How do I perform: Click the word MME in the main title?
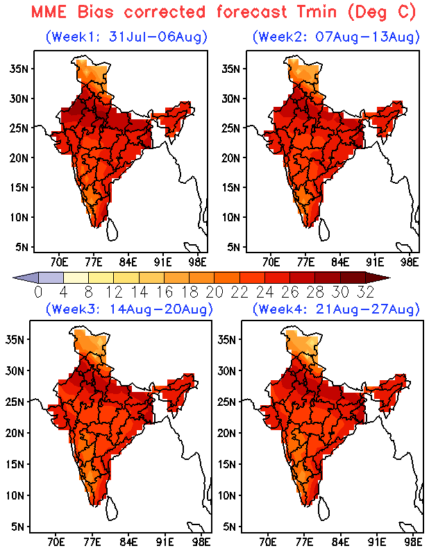point(49,12)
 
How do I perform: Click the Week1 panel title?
point(126,37)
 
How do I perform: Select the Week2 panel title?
point(336,37)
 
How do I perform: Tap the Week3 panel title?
point(129,309)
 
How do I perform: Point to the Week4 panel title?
point(336,309)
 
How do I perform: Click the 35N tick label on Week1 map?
point(19,69)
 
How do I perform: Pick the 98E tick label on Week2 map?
point(410,262)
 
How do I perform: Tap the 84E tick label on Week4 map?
point(340,542)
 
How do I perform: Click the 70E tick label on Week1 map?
point(59,262)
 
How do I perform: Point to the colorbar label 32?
point(366,292)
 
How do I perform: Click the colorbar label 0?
point(38,292)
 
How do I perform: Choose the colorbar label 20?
point(214,292)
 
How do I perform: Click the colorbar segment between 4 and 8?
point(76,277)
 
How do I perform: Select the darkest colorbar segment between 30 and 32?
point(353,277)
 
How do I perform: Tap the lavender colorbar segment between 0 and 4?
point(51,277)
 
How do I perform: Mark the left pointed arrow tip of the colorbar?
point(13,278)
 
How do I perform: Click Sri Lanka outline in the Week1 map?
point(112,230)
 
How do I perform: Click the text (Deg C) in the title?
point(382,12)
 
